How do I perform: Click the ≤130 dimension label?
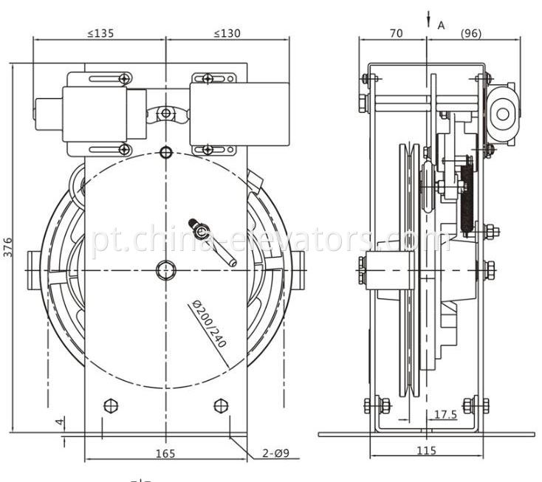coord(227,33)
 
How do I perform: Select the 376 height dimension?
coord(8,247)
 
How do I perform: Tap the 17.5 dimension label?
coord(445,416)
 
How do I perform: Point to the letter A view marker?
coord(441,25)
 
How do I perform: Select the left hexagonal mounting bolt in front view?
coord(111,405)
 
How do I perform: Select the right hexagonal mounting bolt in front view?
coord(220,405)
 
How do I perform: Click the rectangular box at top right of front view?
coord(238,114)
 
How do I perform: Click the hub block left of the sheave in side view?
coord(385,269)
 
